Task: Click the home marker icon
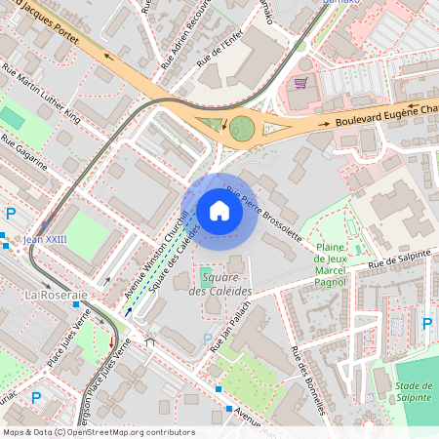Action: (219, 211)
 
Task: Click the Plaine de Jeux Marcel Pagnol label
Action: (334, 264)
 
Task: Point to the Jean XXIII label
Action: (45, 239)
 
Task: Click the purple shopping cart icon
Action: (300, 83)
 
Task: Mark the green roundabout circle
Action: (239, 127)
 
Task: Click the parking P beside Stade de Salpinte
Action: (426, 323)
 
